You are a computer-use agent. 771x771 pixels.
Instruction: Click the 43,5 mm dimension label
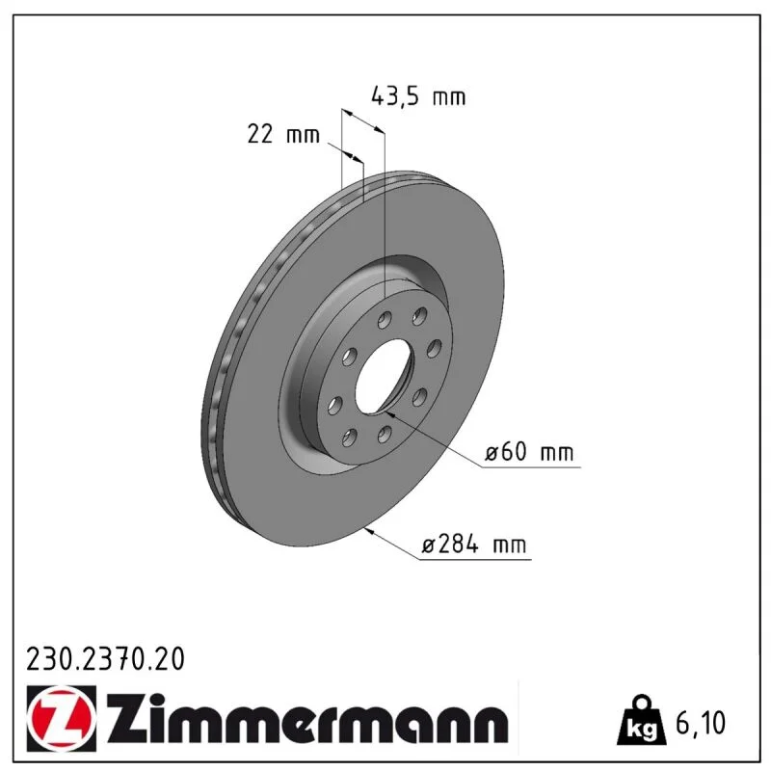[x=418, y=96]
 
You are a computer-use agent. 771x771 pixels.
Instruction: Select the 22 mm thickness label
[x=283, y=134]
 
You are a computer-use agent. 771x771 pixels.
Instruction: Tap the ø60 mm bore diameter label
[x=529, y=452]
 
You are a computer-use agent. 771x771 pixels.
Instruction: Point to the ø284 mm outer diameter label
[x=474, y=545]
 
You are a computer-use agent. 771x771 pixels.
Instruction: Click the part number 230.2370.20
[x=105, y=659]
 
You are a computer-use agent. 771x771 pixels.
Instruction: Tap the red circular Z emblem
[x=62, y=718]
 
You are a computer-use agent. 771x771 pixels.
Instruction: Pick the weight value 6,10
[x=701, y=723]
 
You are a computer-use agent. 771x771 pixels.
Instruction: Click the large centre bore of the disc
[x=384, y=378]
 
